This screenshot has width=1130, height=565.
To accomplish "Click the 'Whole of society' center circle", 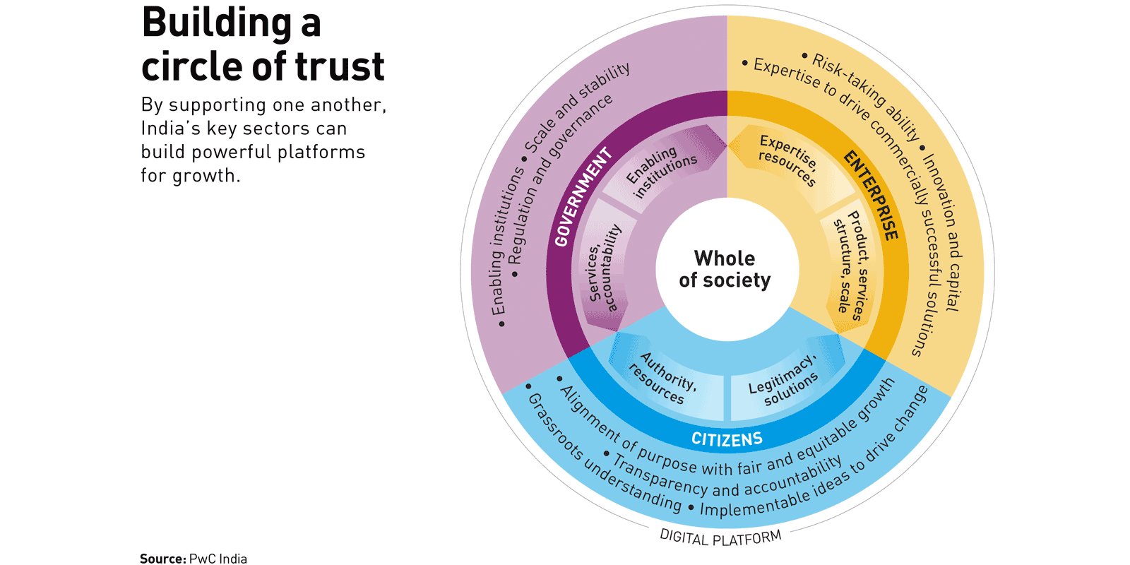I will [x=725, y=269].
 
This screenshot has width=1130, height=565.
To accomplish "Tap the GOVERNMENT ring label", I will [x=583, y=197].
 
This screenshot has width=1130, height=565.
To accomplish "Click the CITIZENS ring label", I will [x=727, y=439].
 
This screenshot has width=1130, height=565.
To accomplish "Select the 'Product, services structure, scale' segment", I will [x=850, y=265].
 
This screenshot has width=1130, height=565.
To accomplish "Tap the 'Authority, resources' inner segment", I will [x=662, y=379].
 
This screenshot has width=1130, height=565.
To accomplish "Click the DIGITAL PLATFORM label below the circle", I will [x=720, y=538].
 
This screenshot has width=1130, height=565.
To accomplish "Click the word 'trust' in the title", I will [x=340, y=66].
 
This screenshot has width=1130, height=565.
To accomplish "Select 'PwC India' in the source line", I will [x=218, y=559].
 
